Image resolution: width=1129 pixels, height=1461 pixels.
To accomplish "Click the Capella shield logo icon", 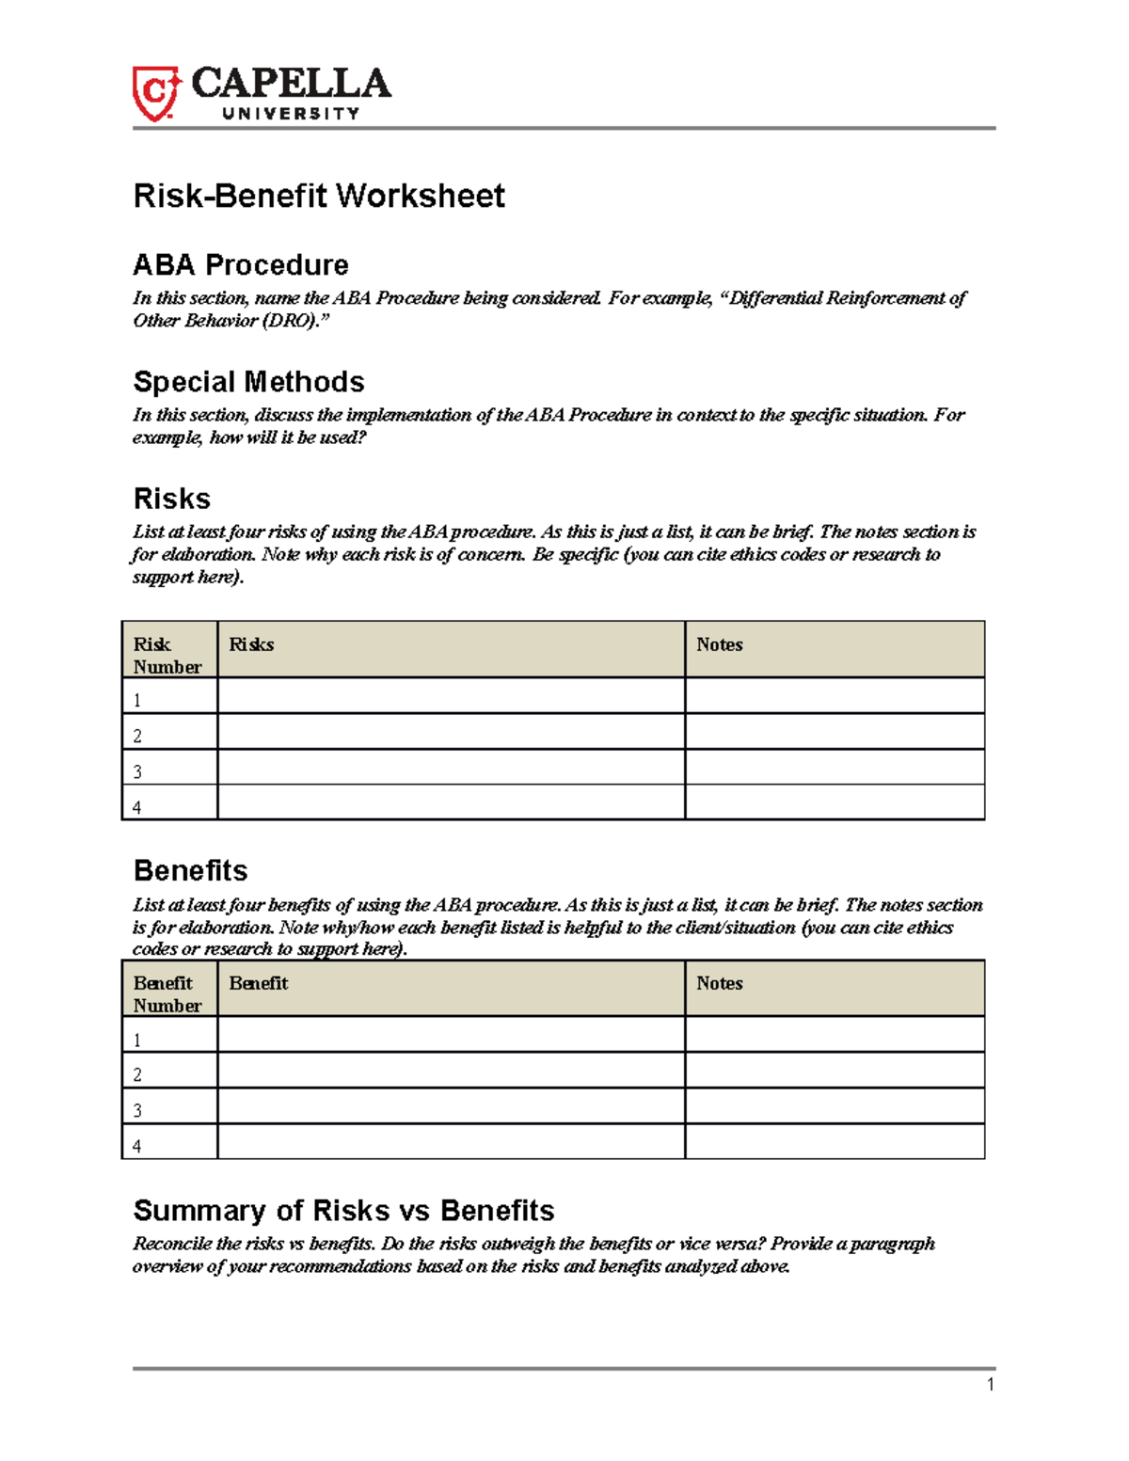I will tap(155, 93).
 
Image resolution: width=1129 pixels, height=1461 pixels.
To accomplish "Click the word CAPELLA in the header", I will tap(291, 84).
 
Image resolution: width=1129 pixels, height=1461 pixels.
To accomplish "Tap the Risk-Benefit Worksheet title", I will tap(319, 196).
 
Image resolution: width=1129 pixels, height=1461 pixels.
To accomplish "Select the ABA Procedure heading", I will tap(241, 264).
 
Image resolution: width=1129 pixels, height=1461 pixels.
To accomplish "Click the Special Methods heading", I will tap(248, 381).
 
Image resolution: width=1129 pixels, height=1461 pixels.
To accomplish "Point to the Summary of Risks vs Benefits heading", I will tap(343, 1210).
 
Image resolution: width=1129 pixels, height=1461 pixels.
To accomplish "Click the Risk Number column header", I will tap(167, 656).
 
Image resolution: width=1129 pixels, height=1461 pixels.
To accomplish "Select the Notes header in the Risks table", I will tap(720, 644).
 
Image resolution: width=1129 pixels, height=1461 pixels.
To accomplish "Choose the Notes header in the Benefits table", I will tap(720, 983).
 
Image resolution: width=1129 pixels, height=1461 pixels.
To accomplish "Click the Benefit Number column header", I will tap(167, 994).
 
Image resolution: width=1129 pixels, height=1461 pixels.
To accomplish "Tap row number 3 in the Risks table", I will tap(137, 771).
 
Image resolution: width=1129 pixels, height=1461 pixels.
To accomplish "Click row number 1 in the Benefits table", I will tap(137, 1040).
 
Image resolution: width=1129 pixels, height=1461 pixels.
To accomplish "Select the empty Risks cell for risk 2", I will tap(451, 732).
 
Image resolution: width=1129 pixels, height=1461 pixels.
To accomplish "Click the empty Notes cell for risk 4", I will tap(834, 802).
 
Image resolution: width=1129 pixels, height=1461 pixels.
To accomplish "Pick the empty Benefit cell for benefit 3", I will tap(451, 1106).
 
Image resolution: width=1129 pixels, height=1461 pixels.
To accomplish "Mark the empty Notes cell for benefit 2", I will tap(834, 1071).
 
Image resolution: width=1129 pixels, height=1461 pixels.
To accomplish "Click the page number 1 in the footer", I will tap(990, 1384).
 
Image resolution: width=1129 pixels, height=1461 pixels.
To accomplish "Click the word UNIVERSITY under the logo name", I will tap(291, 114).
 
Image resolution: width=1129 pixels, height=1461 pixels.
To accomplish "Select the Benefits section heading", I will tap(191, 870).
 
